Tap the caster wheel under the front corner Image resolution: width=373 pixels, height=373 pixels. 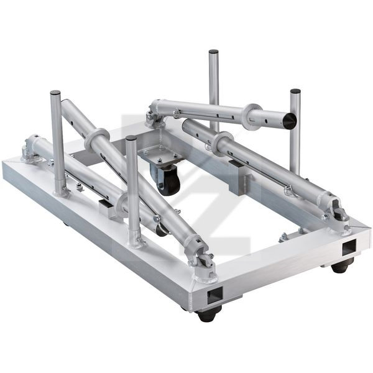point(209,314)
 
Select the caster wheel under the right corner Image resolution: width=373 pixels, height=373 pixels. point(341,266)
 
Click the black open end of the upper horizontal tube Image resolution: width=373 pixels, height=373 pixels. point(289,120)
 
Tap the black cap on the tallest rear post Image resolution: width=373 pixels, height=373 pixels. point(213,52)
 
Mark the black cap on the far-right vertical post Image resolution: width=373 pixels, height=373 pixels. point(295,92)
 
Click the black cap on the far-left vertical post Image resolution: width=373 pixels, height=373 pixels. point(55,93)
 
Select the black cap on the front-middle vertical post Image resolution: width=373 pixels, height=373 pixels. point(131,139)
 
